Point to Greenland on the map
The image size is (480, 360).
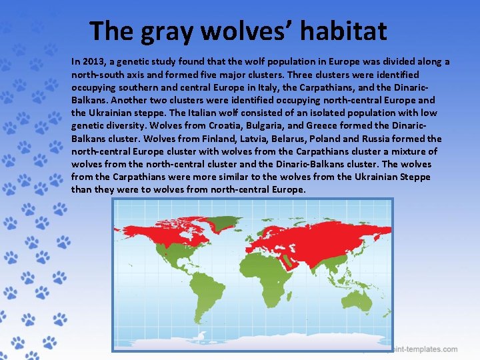pyautogui.click(x=227, y=221)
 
